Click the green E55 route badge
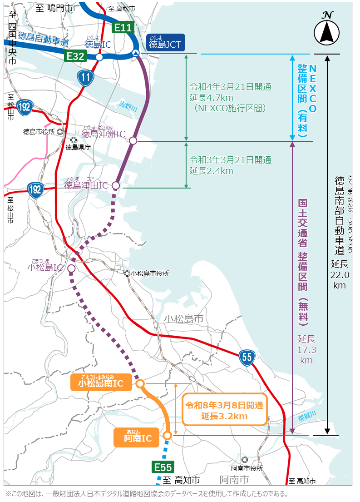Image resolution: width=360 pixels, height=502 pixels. click(163, 467)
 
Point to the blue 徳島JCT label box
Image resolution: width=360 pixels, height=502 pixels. click(165, 44)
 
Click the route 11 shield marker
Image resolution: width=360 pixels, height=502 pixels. click(86, 78)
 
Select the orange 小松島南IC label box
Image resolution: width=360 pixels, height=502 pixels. click(101, 383)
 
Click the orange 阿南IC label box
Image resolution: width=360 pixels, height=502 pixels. click(136, 437)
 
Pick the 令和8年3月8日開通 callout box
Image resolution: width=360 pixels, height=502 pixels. click(224, 409)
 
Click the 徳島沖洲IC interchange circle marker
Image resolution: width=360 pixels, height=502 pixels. click(133, 141)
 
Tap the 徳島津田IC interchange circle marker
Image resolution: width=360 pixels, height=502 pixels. click(116, 185)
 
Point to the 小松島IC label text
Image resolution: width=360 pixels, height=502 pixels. click(44, 268)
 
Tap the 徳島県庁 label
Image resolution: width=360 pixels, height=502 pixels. click(79, 146)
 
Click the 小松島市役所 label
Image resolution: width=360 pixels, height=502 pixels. click(149, 273)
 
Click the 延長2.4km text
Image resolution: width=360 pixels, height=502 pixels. click(211, 171)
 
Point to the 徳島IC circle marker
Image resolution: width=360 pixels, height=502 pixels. click(99, 57)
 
